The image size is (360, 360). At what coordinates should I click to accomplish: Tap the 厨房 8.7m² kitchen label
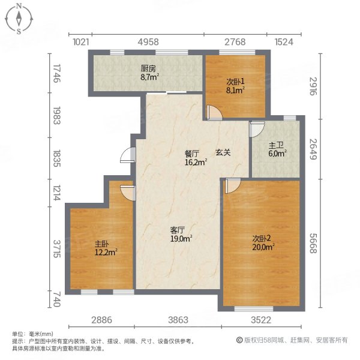[x=148, y=73]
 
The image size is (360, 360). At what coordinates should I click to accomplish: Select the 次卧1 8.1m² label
[x=235, y=87]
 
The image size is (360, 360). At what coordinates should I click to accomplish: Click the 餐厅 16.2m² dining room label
[x=196, y=157]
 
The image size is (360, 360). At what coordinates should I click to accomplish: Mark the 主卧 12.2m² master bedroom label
[x=104, y=248]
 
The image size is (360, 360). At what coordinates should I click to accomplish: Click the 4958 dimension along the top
[x=148, y=41]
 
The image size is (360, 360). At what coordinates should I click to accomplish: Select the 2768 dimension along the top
[x=235, y=41]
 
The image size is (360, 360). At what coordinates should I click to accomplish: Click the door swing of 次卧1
[x=211, y=112]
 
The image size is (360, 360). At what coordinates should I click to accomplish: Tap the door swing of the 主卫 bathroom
[x=257, y=128]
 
